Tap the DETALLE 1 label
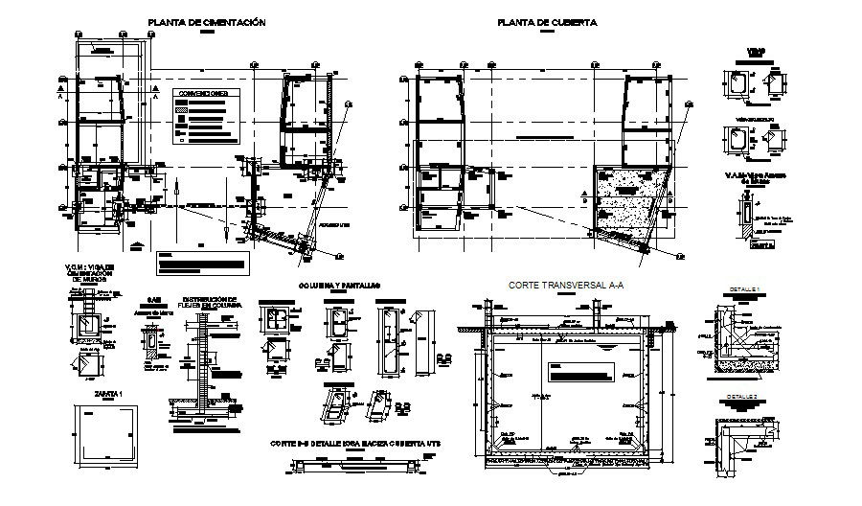(x=742, y=289)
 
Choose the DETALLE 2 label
(x=742, y=396)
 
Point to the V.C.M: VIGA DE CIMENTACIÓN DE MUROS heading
(x=94, y=275)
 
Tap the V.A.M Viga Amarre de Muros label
(x=749, y=178)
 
